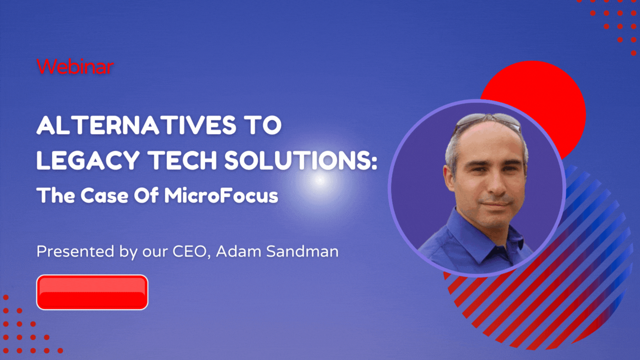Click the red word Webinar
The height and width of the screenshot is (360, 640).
click(75, 67)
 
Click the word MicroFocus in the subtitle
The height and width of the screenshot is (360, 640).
click(221, 196)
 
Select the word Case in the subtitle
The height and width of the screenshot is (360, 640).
click(104, 196)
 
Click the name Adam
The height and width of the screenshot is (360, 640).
click(239, 252)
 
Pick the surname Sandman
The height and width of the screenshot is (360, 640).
click(302, 252)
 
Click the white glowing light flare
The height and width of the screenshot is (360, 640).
click(320, 180)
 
